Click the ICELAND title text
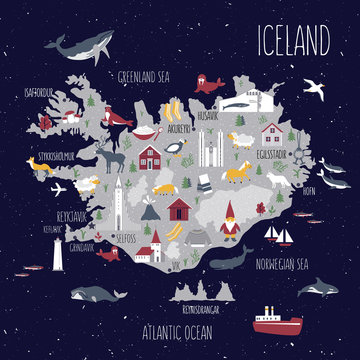pyautogui.click(x=293, y=41)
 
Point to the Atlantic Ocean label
pyautogui.click(x=180, y=325)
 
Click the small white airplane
pyautogui.click(x=58, y=187)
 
